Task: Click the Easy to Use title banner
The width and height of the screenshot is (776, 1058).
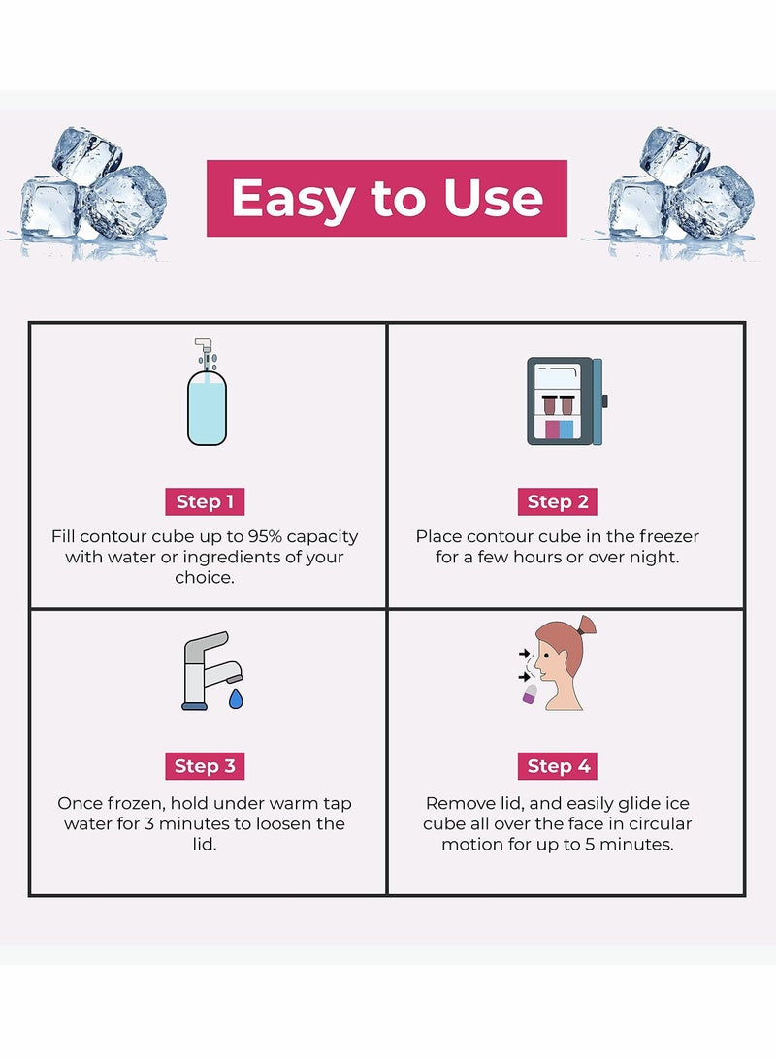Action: click(x=386, y=198)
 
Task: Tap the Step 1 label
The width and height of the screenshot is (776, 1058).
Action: click(x=205, y=501)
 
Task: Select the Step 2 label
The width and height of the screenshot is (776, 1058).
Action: click(x=557, y=501)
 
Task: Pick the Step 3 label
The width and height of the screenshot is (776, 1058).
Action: click(x=205, y=765)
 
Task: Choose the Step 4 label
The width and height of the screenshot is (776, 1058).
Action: click(x=558, y=765)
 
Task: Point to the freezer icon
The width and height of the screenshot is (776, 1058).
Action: click(x=564, y=401)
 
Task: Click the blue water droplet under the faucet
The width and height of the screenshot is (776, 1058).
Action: click(x=236, y=698)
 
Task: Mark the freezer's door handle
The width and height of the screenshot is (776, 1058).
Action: click(x=604, y=401)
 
